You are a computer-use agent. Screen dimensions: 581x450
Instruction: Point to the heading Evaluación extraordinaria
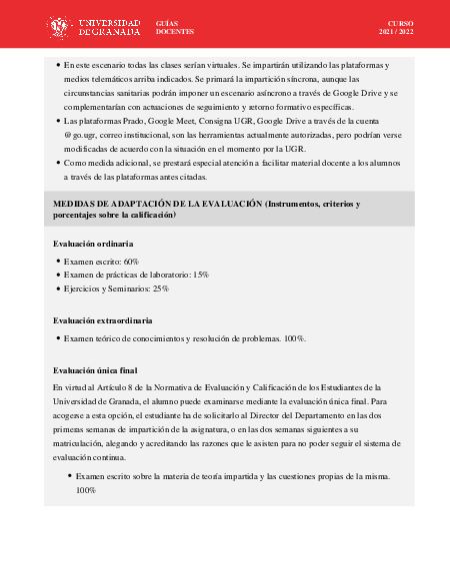pyautogui.click(x=103, y=320)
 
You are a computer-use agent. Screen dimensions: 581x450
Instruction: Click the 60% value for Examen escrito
pyautogui.click(x=131, y=261)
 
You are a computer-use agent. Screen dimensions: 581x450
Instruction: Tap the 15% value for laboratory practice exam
pyautogui.click(x=201, y=274)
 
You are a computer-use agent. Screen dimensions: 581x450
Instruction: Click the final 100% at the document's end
pyautogui.click(x=86, y=490)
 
